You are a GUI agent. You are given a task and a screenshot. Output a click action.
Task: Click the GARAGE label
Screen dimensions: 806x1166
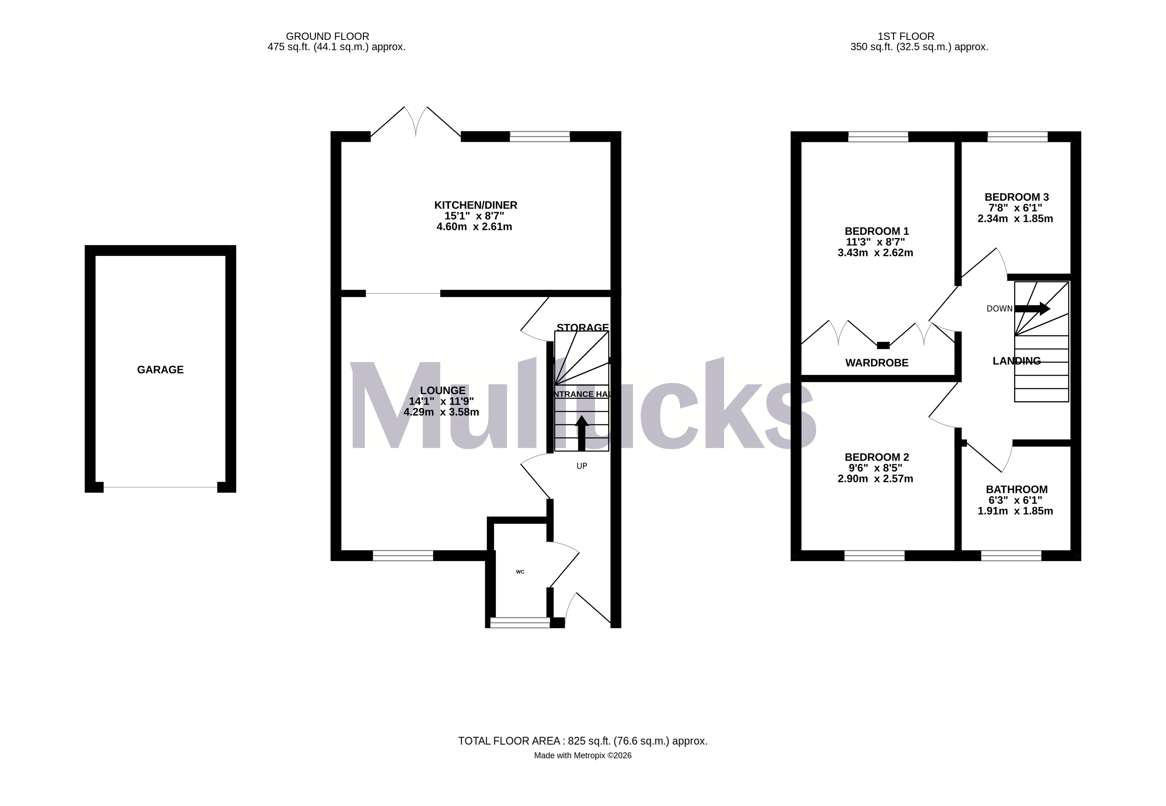(x=160, y=370)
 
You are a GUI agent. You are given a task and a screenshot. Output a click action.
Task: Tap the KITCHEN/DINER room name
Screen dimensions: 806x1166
(x=475, y=205)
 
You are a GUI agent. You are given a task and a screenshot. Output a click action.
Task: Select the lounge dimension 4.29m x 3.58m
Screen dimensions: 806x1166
(x=441, y=412)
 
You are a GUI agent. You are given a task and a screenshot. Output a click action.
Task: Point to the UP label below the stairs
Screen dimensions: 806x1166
(x=582, y=466)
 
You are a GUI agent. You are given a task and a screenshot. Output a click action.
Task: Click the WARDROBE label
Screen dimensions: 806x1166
(x=876, y=363)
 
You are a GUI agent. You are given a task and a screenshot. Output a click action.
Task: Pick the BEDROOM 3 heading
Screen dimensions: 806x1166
(x=1016, y=197)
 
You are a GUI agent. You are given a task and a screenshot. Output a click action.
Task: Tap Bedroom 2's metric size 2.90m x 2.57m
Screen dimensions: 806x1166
(x=875, y=479)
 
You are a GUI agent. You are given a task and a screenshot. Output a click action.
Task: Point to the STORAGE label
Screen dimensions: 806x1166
(x=583, y=327)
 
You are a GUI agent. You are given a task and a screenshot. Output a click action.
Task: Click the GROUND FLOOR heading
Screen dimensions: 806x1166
(x=327, y=36)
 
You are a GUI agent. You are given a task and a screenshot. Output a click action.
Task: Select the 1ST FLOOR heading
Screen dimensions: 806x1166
(x=906, y=36)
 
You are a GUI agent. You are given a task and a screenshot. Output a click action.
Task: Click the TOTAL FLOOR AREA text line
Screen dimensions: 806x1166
(x=583, y=741)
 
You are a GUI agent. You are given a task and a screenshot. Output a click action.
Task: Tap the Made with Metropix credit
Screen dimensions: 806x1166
(x=583, y=755)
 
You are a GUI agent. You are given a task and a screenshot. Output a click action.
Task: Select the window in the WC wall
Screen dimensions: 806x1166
(x=520, y=623)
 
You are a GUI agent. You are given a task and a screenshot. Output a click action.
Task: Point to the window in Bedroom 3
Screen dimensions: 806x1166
(x=1017, y=136)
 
